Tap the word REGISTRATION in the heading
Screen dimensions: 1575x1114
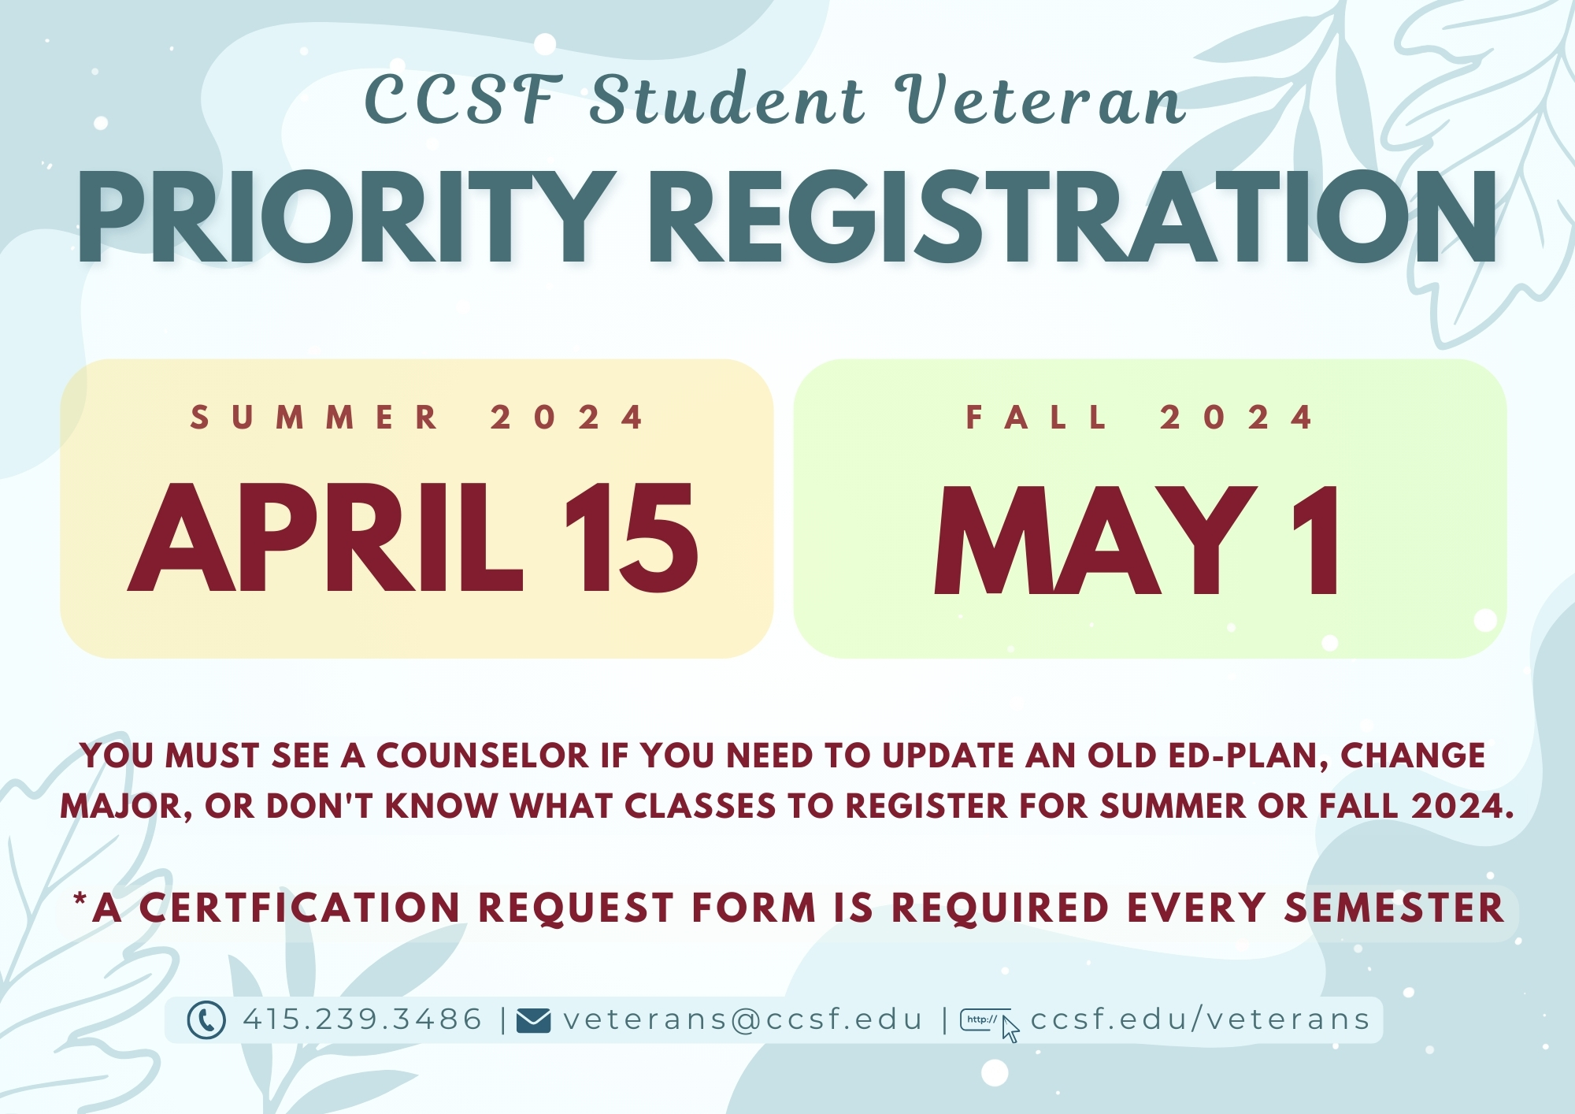[x=1072, y=216]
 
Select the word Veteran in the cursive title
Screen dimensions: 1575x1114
[x=1039, y=100]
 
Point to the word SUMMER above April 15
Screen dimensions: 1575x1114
[x=314, y=418]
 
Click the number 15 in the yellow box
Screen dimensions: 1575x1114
[x=631, y=537]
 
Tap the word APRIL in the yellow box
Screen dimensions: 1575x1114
[x=325, y=537]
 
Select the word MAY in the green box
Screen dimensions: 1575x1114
[x=1095, y=540]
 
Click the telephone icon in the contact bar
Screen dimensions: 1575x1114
[x=206, y=1020]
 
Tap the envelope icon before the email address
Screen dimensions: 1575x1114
[x=533, y=1020]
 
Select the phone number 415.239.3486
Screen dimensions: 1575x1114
[x=362, y=1019]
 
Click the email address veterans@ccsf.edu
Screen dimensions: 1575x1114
[x=743, y=1019]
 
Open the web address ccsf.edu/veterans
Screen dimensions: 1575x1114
[x=1200, y=1019]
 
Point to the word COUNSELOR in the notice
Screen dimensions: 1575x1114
[x=482, y=756]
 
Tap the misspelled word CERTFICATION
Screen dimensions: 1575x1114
[x=299, y=908]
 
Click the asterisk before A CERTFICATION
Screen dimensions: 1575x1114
[x=80, y=899]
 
